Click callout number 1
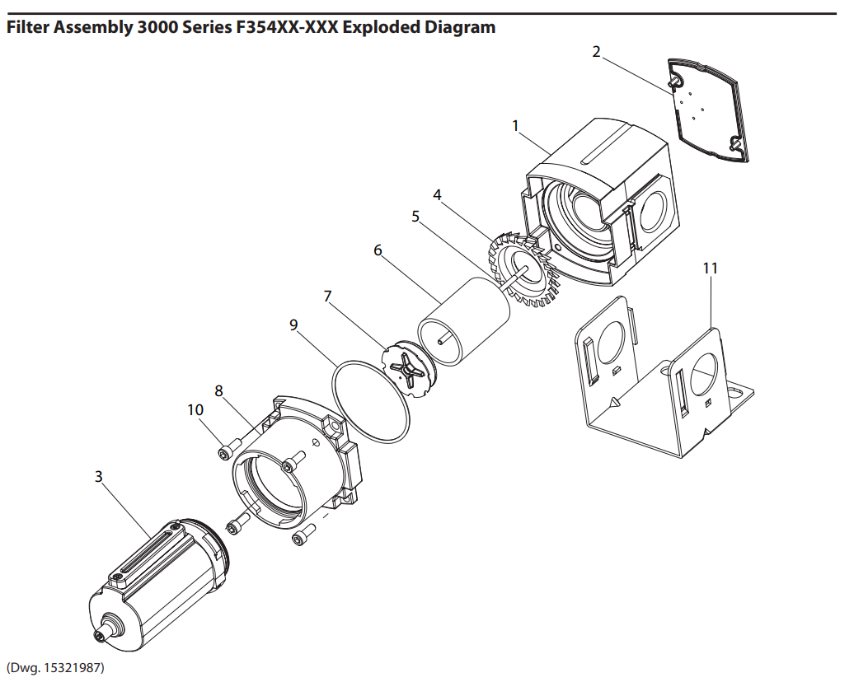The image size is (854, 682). click(515, 126)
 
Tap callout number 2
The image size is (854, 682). click(596, 52)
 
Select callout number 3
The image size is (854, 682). click(98, 476)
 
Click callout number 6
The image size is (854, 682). click(378, 250)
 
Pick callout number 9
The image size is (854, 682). click(293, 325)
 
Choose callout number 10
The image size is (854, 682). click(195, 409)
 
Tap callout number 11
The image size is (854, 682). click(711, 268)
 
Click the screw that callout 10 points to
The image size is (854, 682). click(228, 451)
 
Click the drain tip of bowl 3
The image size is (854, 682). click(101, 635)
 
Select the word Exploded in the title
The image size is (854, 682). click(381, 27)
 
